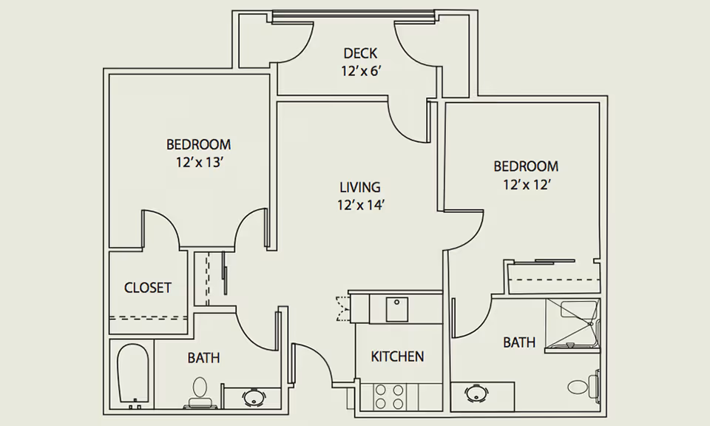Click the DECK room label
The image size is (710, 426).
tap(360, 53)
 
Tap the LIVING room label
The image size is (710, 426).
tap(360, 187)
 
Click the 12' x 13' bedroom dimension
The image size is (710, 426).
tap(198, 163)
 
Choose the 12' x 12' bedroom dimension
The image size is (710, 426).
tap(526, 185)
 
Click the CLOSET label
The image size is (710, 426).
tap(148, 288)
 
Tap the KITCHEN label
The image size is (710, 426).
tap(397, 356)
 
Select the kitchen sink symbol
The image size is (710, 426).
tap(397, 309)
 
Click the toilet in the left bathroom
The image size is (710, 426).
tap(199, 393)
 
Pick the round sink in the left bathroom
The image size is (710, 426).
tap(253, 397)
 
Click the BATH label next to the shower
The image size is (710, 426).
tap(519, 342)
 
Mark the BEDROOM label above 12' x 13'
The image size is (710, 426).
tap(198, 144)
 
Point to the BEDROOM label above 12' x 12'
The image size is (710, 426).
tap(526, 166)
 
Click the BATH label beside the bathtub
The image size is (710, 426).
tap(203, 358)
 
